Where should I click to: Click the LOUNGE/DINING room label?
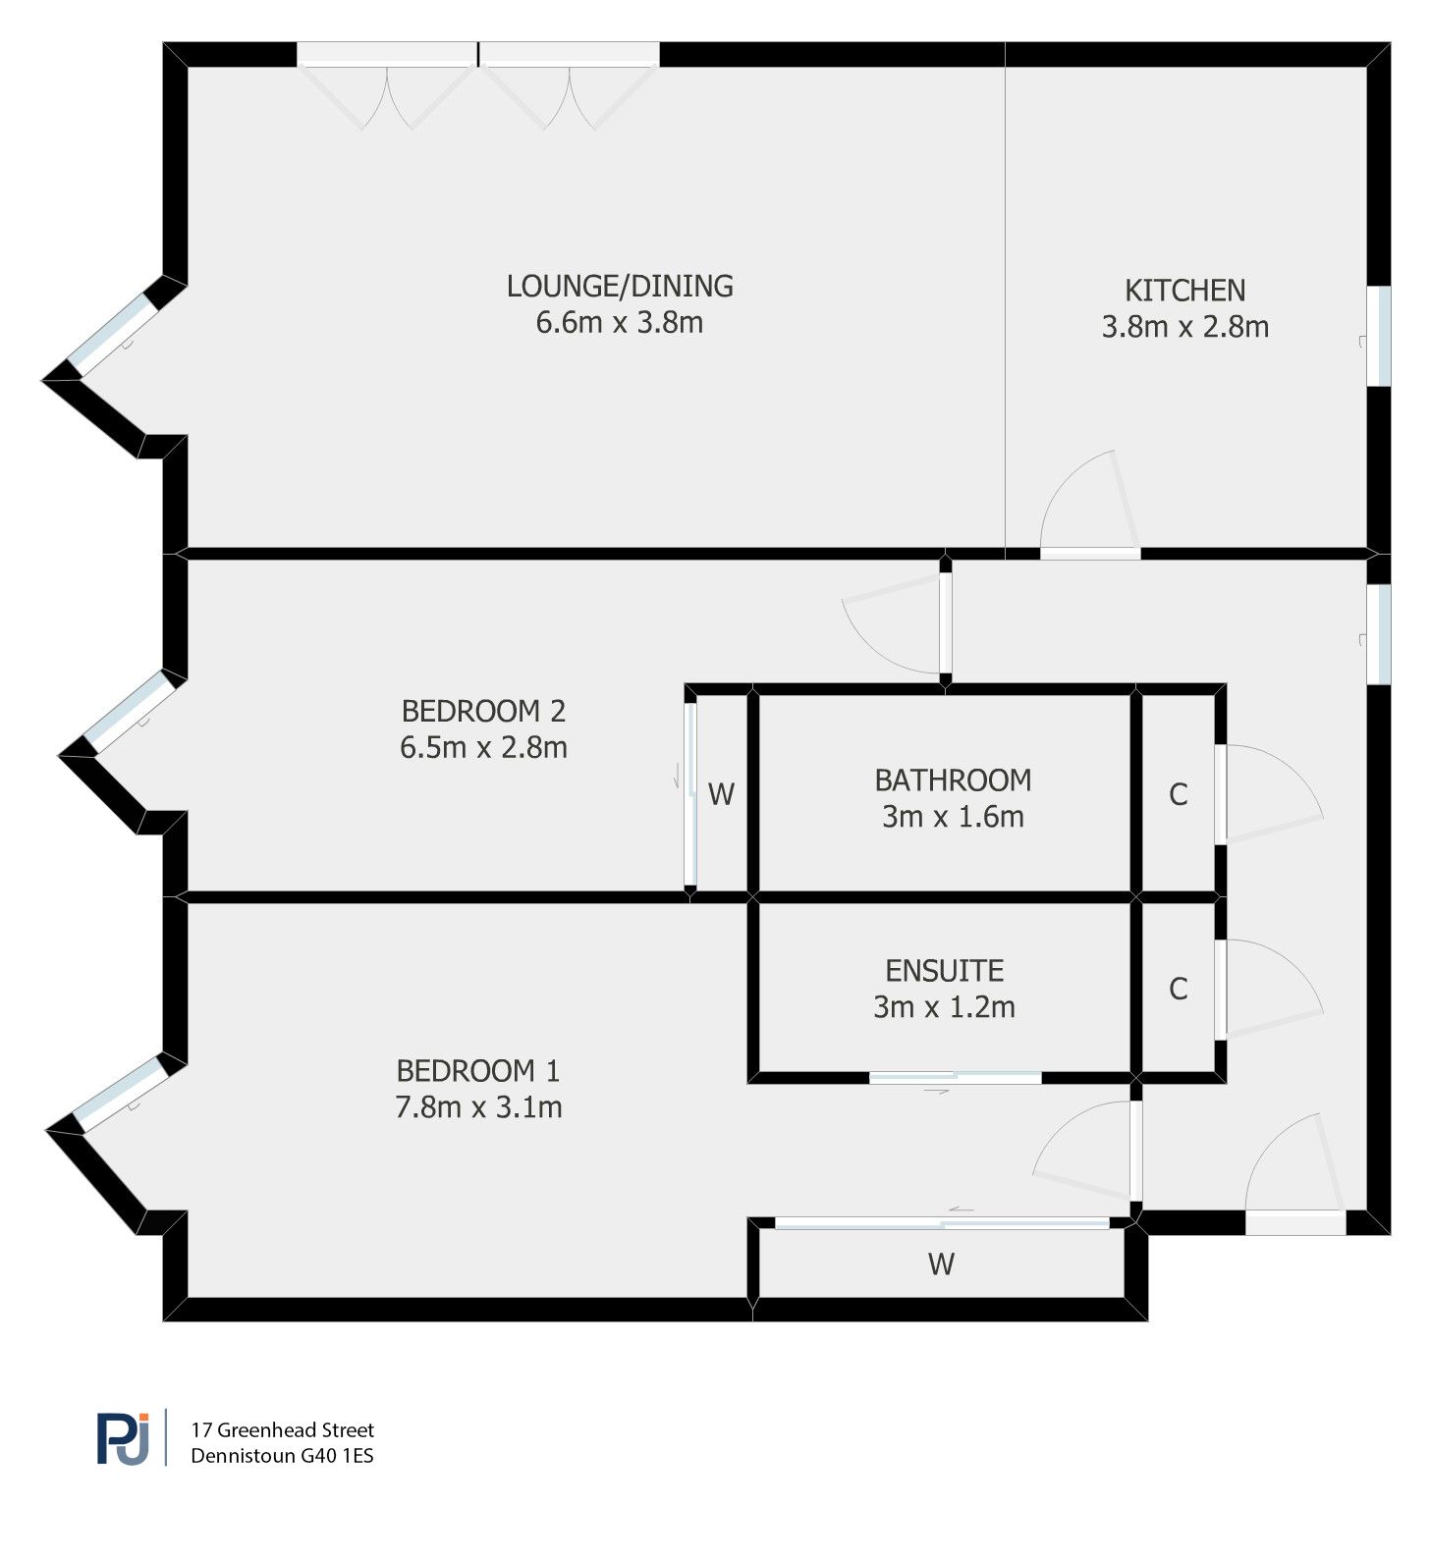(620, 286)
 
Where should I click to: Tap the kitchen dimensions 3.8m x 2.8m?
(1184, 327)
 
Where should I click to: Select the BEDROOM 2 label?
(483, 710)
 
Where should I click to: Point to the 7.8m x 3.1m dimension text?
(478, 1107)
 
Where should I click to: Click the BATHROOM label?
(953, 780)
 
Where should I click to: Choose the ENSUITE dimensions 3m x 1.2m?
(944, 1007)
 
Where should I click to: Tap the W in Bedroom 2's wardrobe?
(721, 794)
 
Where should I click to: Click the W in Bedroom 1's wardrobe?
(941, 1264)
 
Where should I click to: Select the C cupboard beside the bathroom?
(1179, 794)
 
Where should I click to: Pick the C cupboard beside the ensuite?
(1179, 989)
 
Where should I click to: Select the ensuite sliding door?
(955, 1079)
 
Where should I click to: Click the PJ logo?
(124, 1439)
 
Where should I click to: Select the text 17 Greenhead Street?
(283, 1429)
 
